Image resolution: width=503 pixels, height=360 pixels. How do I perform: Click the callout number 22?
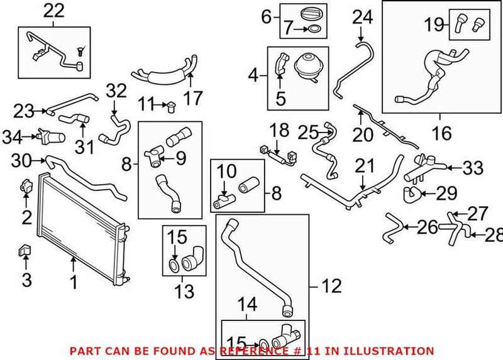pos(53,11)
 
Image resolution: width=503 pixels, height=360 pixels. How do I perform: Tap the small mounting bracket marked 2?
pos(26,186)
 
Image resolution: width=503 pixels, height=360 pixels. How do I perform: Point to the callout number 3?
pos(26,280)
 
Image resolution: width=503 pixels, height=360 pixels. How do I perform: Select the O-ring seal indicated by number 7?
pos(316,28)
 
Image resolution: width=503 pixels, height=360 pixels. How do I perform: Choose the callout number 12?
pos(331,286)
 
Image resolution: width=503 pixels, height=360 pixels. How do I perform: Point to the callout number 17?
pos(192,99)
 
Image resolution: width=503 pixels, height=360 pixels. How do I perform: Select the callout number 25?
pos(307,133)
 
